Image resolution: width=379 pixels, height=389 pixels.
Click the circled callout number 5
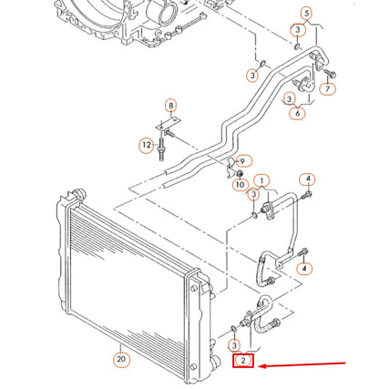coord(306,13)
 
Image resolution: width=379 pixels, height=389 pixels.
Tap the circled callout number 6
coord(297,113)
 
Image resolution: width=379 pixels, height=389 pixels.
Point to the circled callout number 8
coord(169,107)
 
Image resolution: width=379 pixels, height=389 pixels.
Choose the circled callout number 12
coord(146,145)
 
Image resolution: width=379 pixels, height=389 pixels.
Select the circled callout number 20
coord(121,359)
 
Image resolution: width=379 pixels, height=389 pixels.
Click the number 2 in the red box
coord(242,362)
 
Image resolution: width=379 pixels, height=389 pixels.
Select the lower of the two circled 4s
coord(304,269)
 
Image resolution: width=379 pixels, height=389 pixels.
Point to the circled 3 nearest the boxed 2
coord(235,345)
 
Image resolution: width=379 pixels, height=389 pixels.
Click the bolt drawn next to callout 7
coord(329,72)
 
